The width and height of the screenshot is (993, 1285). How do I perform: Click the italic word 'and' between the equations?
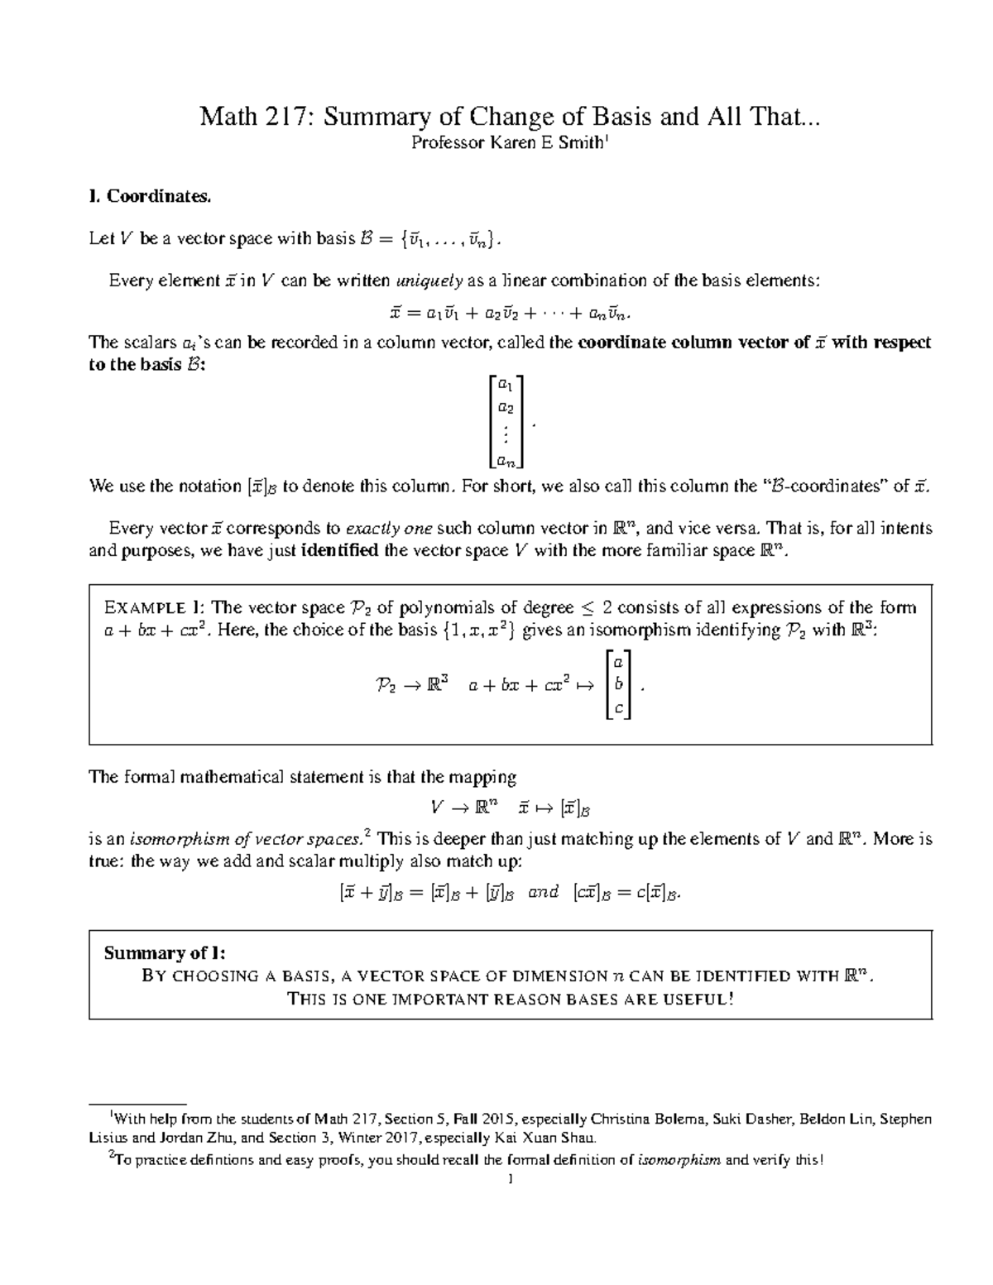(x=544, y=893)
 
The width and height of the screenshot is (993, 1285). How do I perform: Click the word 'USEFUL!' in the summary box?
(x=696, y=1000)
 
